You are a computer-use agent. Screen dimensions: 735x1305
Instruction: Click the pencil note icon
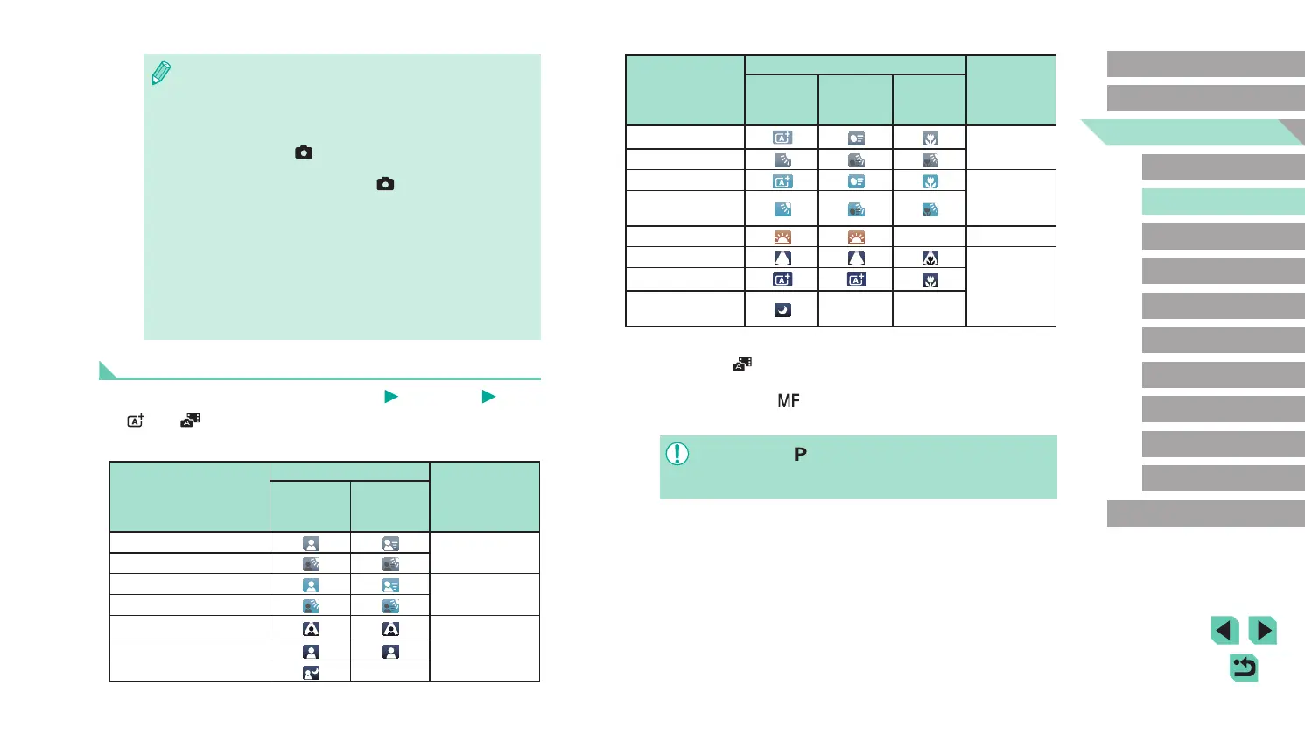(161, 74)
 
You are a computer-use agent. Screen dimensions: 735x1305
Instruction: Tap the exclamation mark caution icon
(677, 454)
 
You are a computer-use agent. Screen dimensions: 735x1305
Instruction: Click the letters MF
(789, 401)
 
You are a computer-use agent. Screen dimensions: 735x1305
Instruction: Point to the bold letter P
(800, 455)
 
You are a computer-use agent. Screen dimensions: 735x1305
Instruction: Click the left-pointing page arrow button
(1225, 631)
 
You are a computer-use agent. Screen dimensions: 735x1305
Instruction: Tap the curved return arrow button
(1244, 668)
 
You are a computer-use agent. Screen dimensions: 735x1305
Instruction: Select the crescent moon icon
(782, 310)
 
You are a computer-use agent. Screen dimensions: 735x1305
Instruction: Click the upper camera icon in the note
(304, 152)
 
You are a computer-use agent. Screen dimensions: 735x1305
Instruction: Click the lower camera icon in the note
(385, 184)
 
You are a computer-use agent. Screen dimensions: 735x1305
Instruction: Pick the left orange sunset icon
(782, 237)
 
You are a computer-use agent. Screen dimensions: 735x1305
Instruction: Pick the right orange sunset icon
(856, 237)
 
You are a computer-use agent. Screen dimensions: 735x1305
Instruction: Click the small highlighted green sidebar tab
(1223, 201)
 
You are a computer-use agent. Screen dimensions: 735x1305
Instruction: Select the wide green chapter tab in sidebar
(1192, 132)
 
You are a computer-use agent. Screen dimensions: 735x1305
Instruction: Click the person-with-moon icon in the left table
(311, 673)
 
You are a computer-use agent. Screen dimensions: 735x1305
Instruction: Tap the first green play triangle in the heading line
(391, 397)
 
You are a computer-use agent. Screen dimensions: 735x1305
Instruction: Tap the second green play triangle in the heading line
(488, 397)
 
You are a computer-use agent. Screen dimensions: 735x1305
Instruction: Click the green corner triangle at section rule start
(107, 371)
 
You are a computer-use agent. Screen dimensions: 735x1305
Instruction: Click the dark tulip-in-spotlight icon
(930, 258)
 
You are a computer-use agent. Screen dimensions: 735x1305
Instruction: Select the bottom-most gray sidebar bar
(1205, 513)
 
